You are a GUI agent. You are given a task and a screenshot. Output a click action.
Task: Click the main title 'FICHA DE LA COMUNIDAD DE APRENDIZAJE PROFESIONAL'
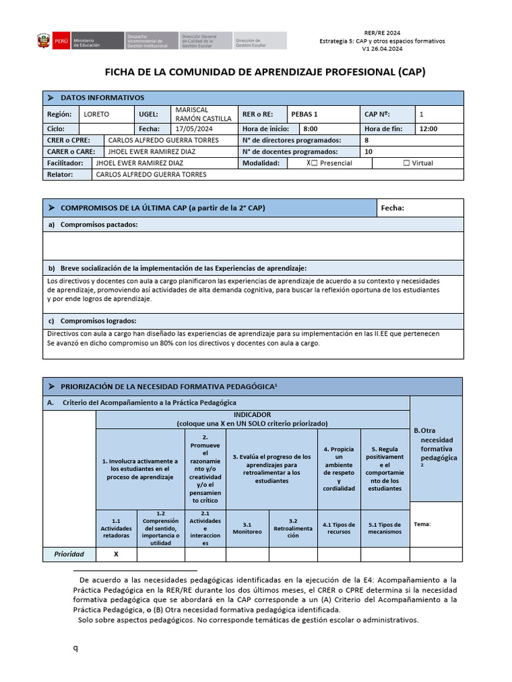(265, 72)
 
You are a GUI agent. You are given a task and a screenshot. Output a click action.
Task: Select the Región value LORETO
(97, 114)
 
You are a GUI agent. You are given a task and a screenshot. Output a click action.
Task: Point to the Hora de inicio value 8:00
(310, 129)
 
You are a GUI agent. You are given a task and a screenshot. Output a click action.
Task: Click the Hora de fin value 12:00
(428, 129)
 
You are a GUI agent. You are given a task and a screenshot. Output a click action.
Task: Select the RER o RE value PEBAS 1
(305, 114)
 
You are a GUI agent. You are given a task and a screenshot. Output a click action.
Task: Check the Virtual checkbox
(407, 163)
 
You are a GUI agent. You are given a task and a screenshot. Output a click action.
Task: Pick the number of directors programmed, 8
(367, 141)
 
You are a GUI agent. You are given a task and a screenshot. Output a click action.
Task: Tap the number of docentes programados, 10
(369, 152)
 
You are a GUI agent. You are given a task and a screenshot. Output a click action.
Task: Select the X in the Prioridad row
(116, 554)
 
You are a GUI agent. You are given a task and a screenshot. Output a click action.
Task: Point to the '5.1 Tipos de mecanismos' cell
(385, 528)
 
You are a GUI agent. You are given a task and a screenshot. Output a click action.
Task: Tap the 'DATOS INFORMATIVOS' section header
(101, 98)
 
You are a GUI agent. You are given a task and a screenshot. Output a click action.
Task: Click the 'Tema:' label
(422, 524)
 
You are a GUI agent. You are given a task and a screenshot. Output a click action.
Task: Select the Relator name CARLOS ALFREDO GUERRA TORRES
(151, 174)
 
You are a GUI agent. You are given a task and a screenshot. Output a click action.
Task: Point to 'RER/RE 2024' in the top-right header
(383, 32)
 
